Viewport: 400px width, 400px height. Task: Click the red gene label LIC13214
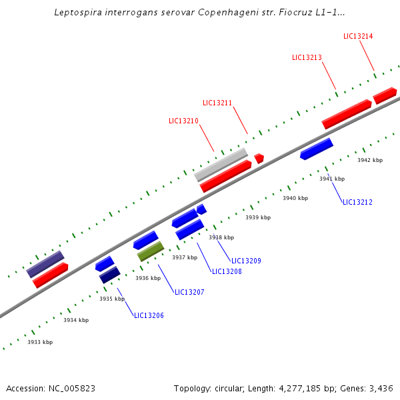tap(358, 36)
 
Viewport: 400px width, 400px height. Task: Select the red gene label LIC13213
tap(307, 57)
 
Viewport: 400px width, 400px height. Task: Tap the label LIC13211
tap(217, 103)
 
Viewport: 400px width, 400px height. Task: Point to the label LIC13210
tap(183, 121)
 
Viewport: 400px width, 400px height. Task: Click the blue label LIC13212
tap(357, 202)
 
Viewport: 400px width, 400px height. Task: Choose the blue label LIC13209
tap(246, 261)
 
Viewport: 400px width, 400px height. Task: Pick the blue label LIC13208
tap(227, 271)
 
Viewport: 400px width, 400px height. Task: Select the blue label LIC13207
tap(189, 292)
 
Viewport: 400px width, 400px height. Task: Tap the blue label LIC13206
tap(149, 315)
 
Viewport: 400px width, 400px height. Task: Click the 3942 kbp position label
tap(370, 160)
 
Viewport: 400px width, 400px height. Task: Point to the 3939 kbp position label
tap(258, 217)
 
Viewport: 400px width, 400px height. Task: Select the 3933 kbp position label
tap(40, 342)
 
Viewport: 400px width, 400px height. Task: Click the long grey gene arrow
tap(221, 165)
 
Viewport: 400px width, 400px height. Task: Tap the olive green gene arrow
tap(151, 251)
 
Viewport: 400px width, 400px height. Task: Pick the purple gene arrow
tap(45, 264)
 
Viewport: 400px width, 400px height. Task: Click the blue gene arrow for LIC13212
tap(316, 149)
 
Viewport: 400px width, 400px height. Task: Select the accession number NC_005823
tap(73, 388)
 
